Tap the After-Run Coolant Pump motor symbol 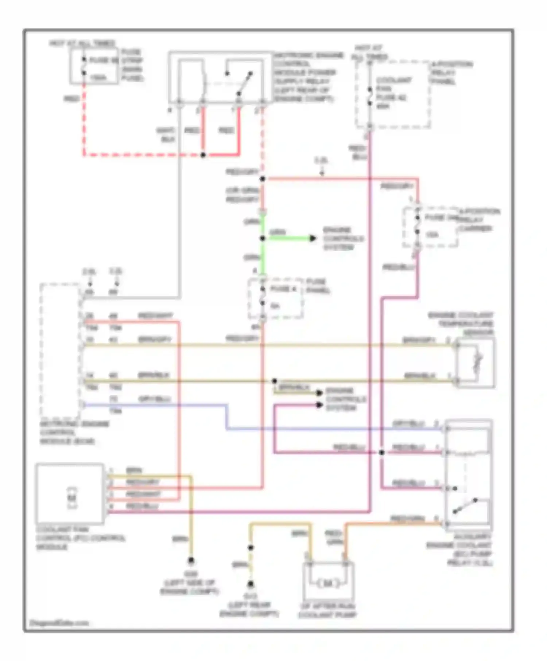(327, 583)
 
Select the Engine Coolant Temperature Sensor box (475, 362)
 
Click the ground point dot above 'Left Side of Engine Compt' (191, 560)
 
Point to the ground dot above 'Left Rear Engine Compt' (251, 584)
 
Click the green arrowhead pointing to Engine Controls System (313, 238)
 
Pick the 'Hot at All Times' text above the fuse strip (82, 43)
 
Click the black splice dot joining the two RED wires (203, 155)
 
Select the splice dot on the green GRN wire (263, 238)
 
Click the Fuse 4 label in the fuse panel (283, 289)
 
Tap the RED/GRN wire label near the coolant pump (334, 537)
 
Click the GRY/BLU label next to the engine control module (155, 399)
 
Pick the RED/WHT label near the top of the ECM (155, 316)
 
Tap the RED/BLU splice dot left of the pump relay (381, 452)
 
